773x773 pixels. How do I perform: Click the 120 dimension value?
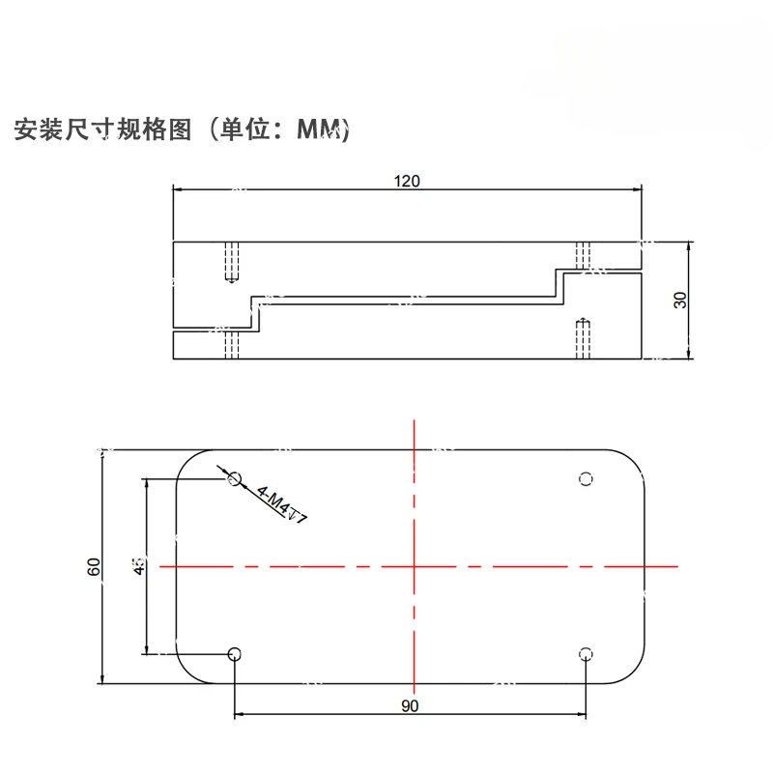407,180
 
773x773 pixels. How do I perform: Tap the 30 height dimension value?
680,300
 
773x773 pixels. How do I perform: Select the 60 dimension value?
94,567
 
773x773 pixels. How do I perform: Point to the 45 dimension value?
139,566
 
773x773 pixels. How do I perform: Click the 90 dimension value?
410,706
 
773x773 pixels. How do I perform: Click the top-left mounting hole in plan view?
233,478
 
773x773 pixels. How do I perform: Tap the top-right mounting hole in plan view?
585,478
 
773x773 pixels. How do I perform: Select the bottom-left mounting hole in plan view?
233,654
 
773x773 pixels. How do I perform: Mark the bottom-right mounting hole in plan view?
585,654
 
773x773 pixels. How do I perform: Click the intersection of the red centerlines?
414,566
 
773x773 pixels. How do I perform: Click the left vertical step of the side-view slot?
256,314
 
